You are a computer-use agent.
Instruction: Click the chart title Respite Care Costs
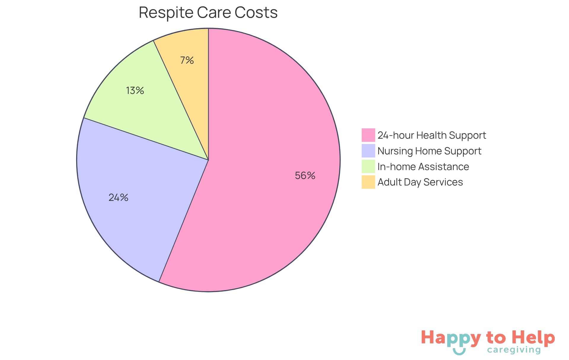click(208, 13)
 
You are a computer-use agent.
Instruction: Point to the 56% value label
click(305, 175)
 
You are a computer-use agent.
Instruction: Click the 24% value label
click(118, 197)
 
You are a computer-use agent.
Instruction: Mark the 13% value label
click(135, 90)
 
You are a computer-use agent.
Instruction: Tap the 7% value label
click(187, 60)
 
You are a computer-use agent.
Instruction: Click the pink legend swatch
click(368, 135)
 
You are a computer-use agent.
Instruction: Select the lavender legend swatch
click(368, 151)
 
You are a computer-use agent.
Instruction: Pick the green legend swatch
click(368, 167)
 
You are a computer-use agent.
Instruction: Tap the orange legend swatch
click(368, 182)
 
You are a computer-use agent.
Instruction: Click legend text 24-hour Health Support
click(432, 135)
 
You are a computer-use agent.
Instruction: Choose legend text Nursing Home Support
click(429, 151)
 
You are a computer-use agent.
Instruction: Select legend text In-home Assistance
click(423, 167)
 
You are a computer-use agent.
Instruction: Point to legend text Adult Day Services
click(420, 182)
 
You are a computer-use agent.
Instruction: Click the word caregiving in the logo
click(514, 350)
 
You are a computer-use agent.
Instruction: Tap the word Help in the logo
click(533, 337)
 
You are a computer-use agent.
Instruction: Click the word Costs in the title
click(256, 13)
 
